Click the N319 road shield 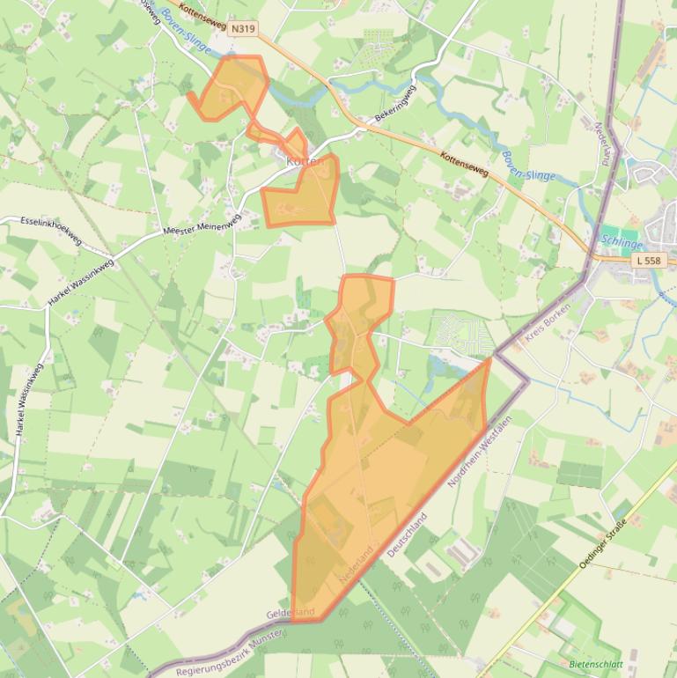pos(243,29)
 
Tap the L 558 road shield pos(648,261)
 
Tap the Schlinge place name pos(622,241)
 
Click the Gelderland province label pos(291,612)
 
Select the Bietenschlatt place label pos(596,664)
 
